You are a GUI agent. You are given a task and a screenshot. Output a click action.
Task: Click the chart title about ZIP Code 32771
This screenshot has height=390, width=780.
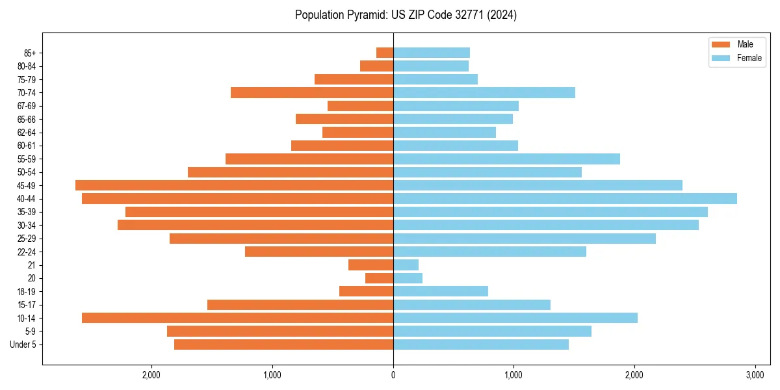point(406,15)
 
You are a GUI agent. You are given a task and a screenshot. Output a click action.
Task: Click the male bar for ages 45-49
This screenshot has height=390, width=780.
point(234,185)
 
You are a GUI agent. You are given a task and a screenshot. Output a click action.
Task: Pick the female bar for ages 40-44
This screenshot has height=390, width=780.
point(565,198)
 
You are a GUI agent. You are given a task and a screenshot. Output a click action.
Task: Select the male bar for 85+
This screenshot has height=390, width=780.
point(385,53)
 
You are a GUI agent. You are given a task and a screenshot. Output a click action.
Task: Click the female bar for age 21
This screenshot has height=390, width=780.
point(406,265)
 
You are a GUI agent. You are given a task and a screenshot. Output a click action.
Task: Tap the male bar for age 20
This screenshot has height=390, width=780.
point(379,278)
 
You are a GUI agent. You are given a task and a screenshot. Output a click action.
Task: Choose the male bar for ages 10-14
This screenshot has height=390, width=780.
point(237,318)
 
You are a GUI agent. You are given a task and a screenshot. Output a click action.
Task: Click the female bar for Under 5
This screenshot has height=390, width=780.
point(480,344)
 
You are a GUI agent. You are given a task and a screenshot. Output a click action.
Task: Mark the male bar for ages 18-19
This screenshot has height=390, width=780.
point(366,291)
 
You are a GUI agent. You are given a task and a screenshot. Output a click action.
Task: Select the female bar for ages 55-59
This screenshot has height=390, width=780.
point(506,159)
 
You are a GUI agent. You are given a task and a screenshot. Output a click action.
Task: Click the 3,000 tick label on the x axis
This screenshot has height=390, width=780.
point(755,375)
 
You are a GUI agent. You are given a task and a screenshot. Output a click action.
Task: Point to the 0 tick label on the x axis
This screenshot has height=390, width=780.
point(393,375)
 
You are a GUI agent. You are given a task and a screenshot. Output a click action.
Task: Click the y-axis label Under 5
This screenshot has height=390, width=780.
point(23,344)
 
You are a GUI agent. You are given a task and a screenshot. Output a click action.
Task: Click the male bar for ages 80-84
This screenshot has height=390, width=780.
point(376,66)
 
